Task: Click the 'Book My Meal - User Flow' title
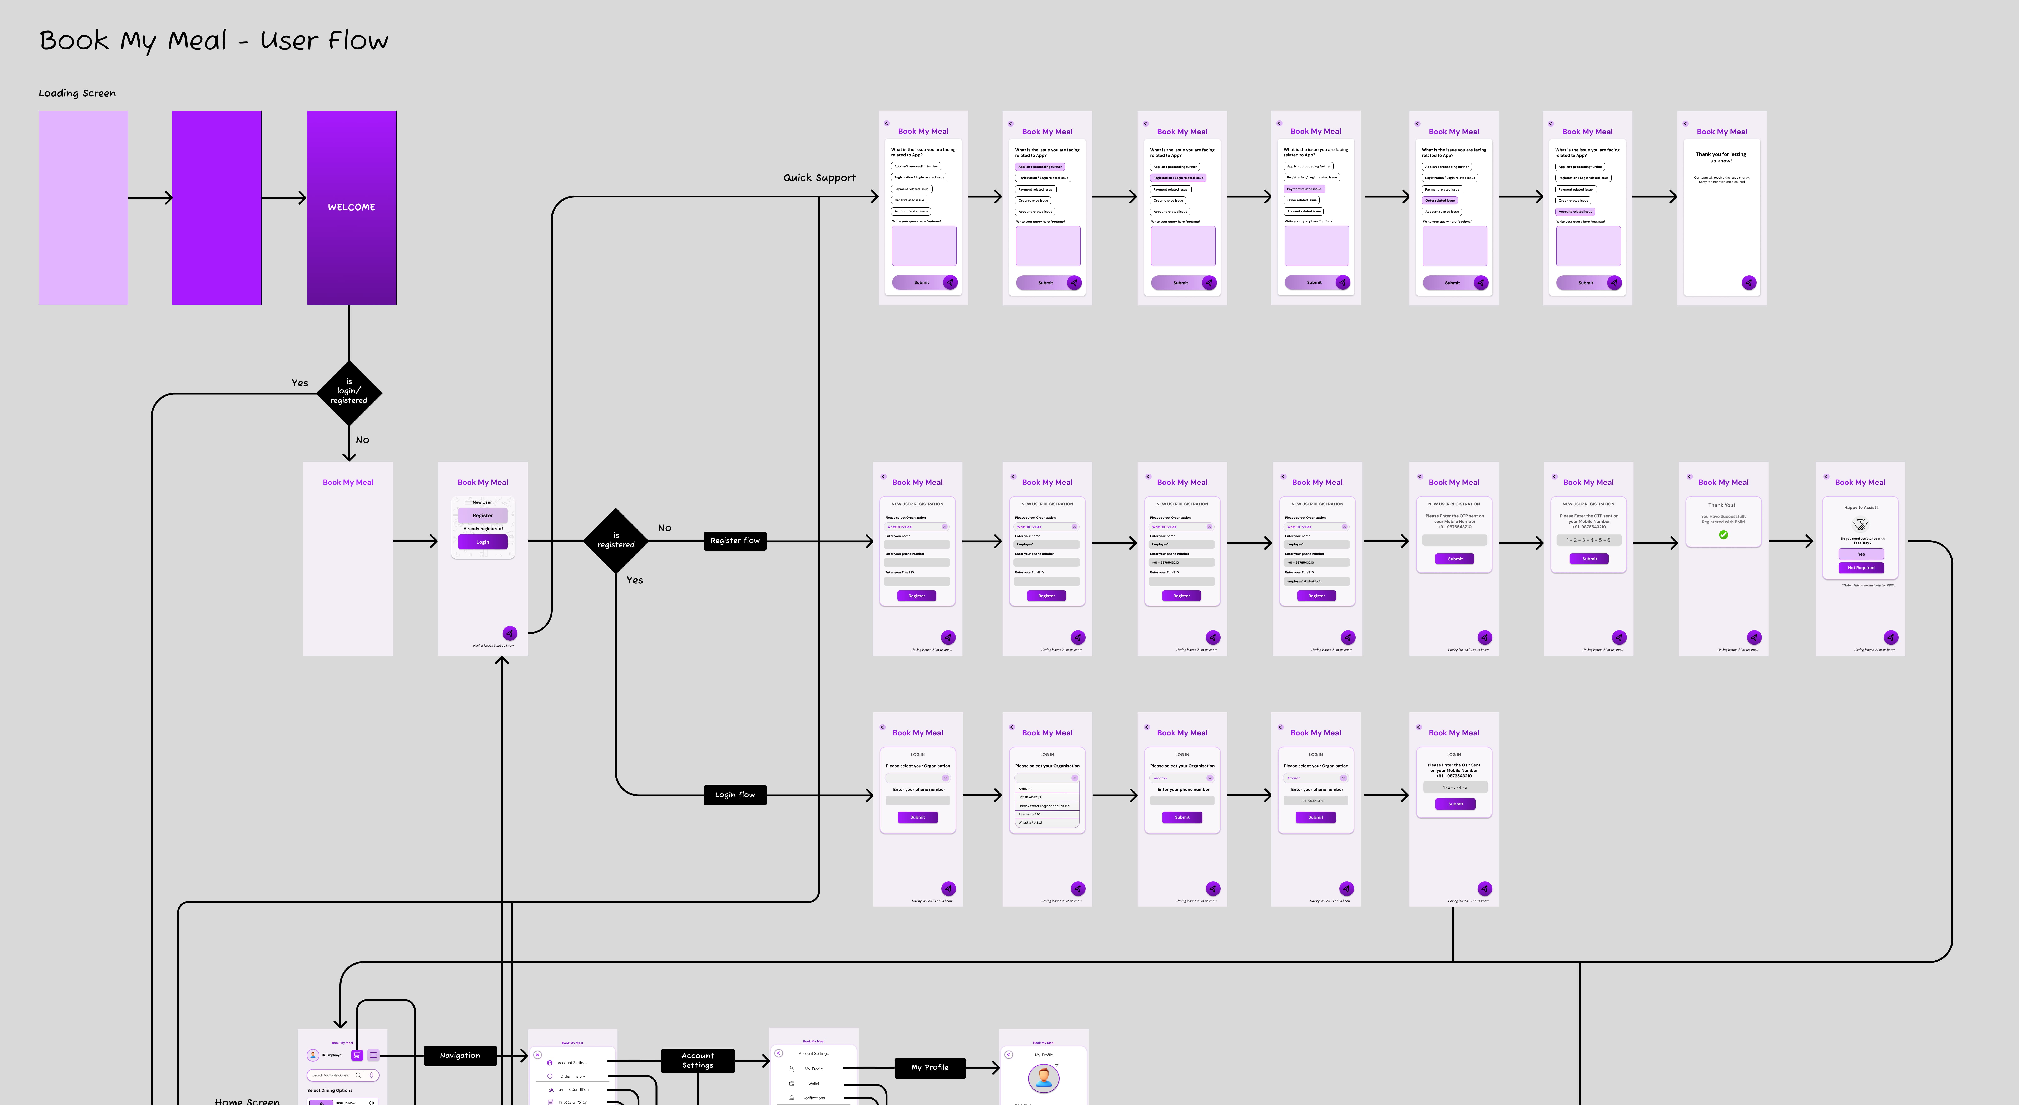pyautogui.click(x=213, y=41)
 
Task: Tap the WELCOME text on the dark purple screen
pyautogui.click(x=351, y=207)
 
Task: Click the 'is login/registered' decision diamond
pyautogui.click(x=349, y=392)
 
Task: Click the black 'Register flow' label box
pyautogui.click(x=734, y=541)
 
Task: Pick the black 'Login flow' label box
pyautogui.click(x=734, y=795)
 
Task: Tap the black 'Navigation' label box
pyautogui.click(x=460, y=1056)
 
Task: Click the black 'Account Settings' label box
pyautogui.click(x=698, y=1060)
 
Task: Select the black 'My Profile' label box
pyautogui.click(x=929, y=1067)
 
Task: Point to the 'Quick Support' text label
pyautogui.click(x=819, y=178)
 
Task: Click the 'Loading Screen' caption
pyautogui.click(x=77, y=93)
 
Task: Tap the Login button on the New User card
pyautogui.click(x=483, y=542)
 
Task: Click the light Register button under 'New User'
pyautogui.click(x=483, y=516)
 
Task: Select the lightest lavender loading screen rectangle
pyautogui.click(x=83, y=208)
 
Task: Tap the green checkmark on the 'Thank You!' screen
pyautogui.click(x=1723, y=535)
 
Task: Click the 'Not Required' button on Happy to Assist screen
pyautogui.click(x=1861, y=567)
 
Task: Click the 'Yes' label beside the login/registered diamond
pyautogui.click(x=299, y=383)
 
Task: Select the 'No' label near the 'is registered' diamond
pyautogui.click(x=665, y=528)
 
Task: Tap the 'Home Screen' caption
pyautogui.click(x=247, y=1100)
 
